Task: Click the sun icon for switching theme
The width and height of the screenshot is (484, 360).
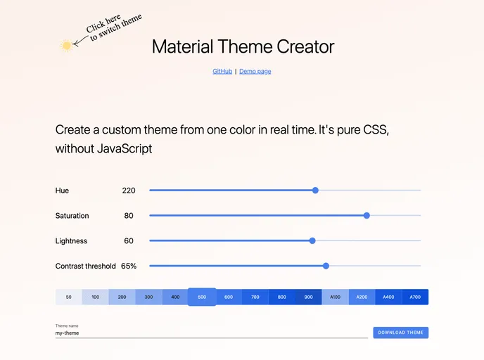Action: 67,46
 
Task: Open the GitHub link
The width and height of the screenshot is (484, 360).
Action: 222,71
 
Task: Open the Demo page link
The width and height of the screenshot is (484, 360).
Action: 255,71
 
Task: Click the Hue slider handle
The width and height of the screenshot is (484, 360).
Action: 315,191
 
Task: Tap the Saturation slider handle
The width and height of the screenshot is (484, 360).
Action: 367,215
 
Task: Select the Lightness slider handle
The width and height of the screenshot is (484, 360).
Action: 312,240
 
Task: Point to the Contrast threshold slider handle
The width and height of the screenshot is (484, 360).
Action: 326,266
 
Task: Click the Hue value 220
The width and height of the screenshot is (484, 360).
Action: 128,191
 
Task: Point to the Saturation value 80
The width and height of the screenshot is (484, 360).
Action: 129,216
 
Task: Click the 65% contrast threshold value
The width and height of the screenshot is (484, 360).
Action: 129,266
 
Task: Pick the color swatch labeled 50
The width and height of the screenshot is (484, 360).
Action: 69,297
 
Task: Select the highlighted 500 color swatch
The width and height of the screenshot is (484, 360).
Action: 202,297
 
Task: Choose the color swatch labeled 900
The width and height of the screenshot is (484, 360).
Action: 308,297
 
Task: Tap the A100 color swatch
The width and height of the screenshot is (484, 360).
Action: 335,297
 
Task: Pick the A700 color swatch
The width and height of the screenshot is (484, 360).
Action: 415,297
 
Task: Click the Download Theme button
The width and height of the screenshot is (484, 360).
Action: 400,333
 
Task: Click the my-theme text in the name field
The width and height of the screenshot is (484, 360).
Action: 68,333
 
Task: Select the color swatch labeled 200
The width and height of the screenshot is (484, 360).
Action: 122,297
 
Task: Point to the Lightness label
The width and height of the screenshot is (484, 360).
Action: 71,241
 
